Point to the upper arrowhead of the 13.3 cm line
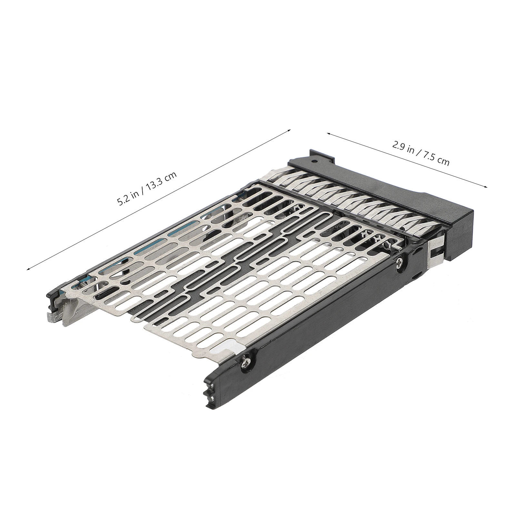289,130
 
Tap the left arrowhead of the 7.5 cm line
329,133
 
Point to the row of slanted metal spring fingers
348,193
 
